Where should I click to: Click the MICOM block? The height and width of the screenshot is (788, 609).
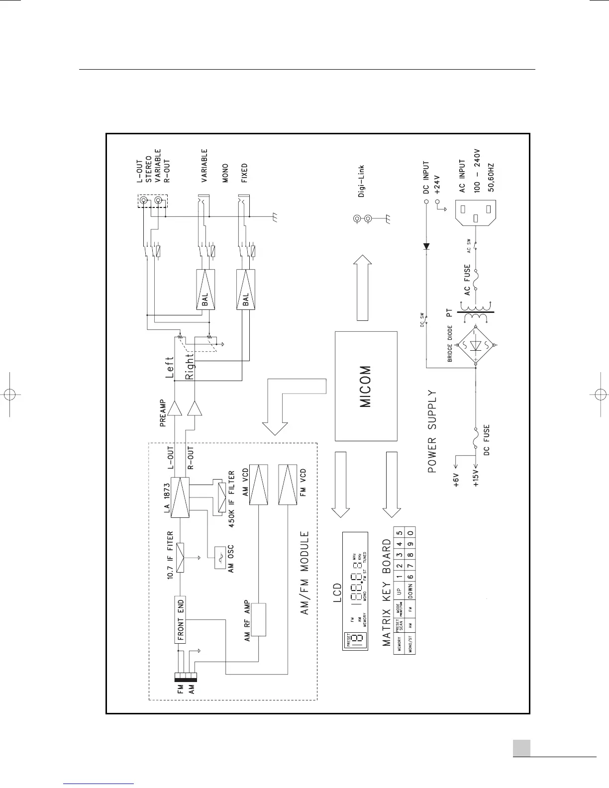click(x=366, y=386)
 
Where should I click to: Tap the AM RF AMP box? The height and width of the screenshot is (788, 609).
click(x=259, y=619)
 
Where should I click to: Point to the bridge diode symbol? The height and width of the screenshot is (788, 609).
click(x=476, y=346)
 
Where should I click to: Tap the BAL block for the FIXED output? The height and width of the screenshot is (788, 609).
click(x=246, y=290)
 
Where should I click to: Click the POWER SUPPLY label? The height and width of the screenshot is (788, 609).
click(x=432, y=431)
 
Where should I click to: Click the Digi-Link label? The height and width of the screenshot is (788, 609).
click(x=362, y=181)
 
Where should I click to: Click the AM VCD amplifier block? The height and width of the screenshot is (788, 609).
click(x=259, y=486)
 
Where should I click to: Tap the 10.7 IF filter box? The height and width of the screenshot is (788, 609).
click(x=180, y=557)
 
